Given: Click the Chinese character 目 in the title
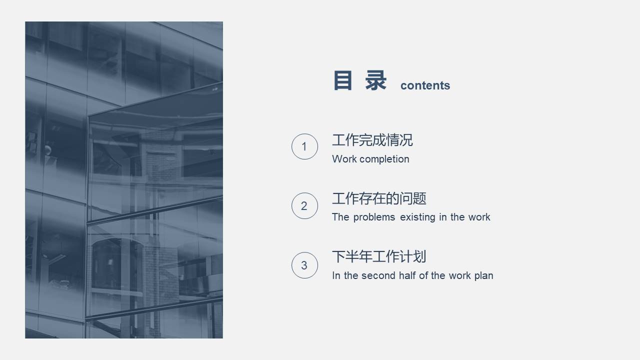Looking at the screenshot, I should click(x=343, y=81).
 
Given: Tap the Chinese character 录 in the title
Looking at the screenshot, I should click(x=376, y=81).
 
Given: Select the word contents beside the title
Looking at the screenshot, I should click(x=425, y=85).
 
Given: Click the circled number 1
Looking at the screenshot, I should click(x=304, y=146).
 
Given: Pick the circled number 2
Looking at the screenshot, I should click(x=304, y=205).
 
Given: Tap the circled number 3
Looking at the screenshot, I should click(x=304, y=265).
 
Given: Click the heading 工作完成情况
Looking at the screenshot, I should click(x=372, y=140).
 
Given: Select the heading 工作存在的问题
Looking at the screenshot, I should click(x=379, y=199).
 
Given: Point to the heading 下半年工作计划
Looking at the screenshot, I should click(x=379, y=257).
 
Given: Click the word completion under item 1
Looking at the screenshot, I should click(x=385, y=159).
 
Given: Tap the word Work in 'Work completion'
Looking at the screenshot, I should click(x=344, y=159).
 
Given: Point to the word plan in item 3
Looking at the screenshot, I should click(x=483, y=276).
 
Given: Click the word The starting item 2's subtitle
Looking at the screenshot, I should click(x=340, y=217).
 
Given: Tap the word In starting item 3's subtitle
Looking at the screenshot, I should click(x=336, y=275).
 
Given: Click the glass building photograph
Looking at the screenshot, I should click(x=124, y=180).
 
